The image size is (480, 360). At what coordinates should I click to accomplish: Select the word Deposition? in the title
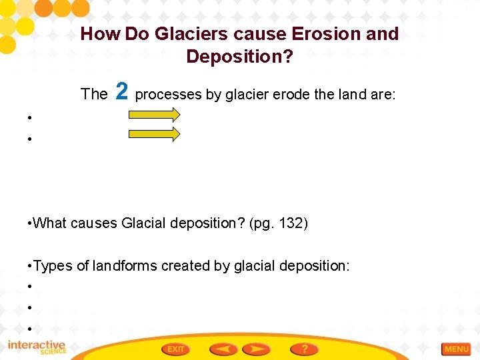click(x=239, y=57)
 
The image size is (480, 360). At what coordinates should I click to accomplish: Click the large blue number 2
click(x=121, y=91)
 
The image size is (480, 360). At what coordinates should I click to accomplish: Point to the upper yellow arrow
click(x=154, y=115)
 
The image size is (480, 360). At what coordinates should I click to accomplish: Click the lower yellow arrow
click(x=154, y=135)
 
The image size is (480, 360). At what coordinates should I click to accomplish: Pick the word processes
click(x=168, y=95)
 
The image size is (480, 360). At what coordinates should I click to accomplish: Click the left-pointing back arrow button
click(x=223, y=349)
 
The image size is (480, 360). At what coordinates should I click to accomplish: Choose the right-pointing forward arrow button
click(x=256, y=349)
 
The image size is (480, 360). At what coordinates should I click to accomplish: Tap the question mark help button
click(x=304, y=349)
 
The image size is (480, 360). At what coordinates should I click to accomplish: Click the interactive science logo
click(x=37, y=347)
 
